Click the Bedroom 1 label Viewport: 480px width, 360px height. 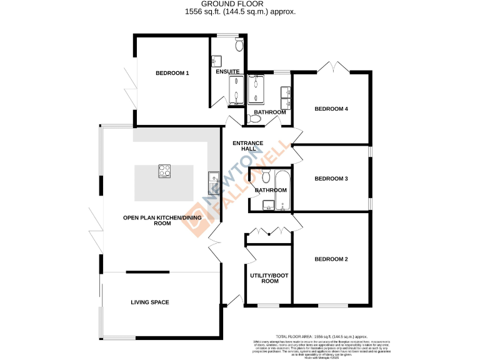pyautogui.click(x=172, y=73)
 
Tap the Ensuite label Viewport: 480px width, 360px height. pyautogui.click(x=227, y=72)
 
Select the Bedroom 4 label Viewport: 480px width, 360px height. pyautogui.click(x=331, y=109)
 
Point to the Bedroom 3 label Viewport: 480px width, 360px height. pyautogui.click(x=331, y=179)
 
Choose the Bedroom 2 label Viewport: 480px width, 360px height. pyautogui.click(x=331, y=259)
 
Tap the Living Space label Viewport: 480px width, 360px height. pyautogui.click(x=150, y=302)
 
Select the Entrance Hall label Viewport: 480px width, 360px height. pyautogui.click(x=247, y=146)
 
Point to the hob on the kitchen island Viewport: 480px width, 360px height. pyautogui.click(x=165, y=171)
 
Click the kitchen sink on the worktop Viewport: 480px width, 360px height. pyautogui.click(x=212, y=181)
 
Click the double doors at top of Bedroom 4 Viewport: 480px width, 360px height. pyautogui.click(x=331, y=66)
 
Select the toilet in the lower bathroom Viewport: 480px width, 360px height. pyautogui.click(x=266, y=175)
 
